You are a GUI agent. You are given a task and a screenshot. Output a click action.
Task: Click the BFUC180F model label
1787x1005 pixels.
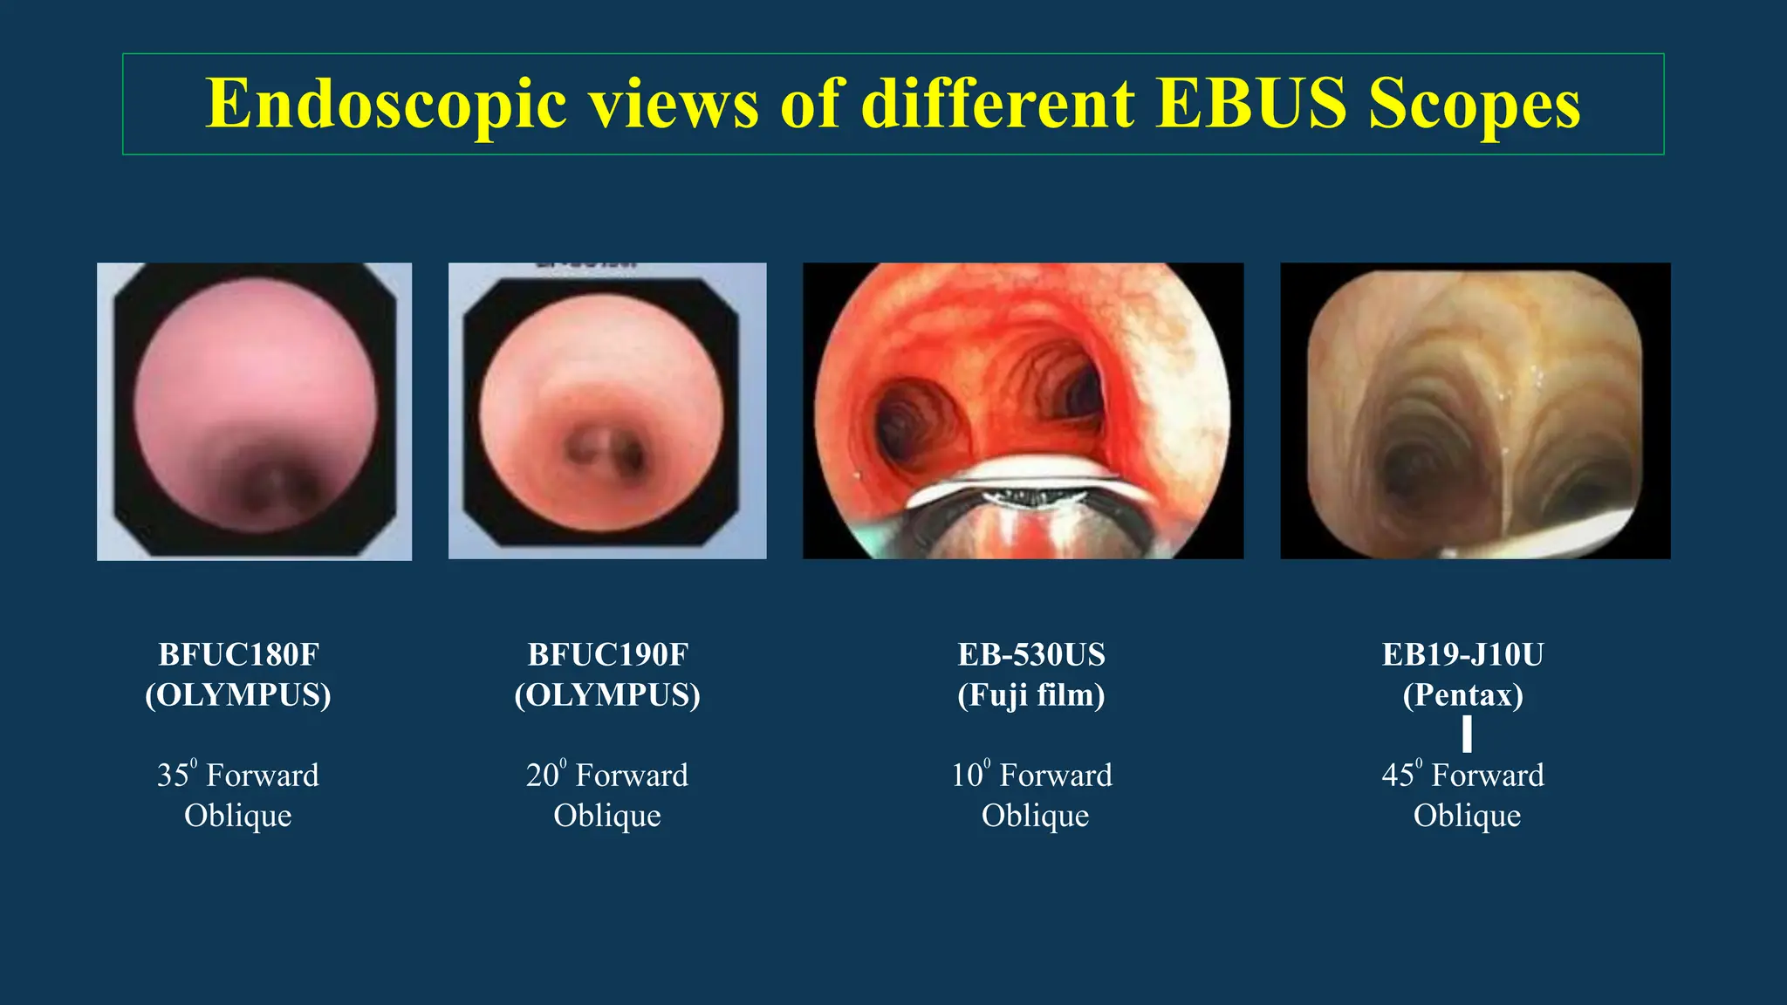[x=238, y=654]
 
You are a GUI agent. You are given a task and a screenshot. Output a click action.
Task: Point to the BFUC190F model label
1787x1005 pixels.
[x=607, y=654]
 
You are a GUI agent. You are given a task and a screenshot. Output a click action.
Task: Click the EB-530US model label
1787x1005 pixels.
[x=1031, y=654]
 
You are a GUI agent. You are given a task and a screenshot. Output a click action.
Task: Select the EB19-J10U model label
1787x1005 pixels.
[x=1463, y=654]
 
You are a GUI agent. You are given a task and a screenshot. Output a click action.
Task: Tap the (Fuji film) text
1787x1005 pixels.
[x=1031, y=695]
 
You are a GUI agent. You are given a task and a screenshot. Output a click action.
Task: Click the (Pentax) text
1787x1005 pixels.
[x=1463, y=695]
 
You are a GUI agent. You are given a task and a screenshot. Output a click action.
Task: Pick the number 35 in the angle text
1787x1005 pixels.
[x=173, y=776]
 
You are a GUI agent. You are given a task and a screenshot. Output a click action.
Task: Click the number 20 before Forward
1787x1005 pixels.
[x=542, y=776]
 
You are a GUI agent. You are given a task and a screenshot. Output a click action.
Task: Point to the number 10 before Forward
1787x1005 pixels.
[x=967, y=776]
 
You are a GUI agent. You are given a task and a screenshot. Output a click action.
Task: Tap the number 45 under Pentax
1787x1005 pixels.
[x=1398, y=776]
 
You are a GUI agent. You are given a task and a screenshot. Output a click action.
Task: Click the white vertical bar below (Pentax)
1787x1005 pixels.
[x=1467, y=734]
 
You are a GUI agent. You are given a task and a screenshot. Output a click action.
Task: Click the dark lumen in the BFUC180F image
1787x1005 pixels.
[x=270, y=489]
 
